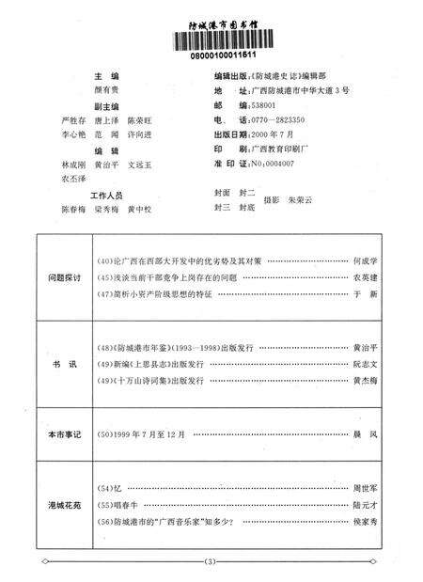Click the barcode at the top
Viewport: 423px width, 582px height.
(211, 41)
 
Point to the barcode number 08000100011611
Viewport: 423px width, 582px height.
(211, 56)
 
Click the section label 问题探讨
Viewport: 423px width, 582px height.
(65, 279)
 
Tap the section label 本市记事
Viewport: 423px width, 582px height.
(65, 436)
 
